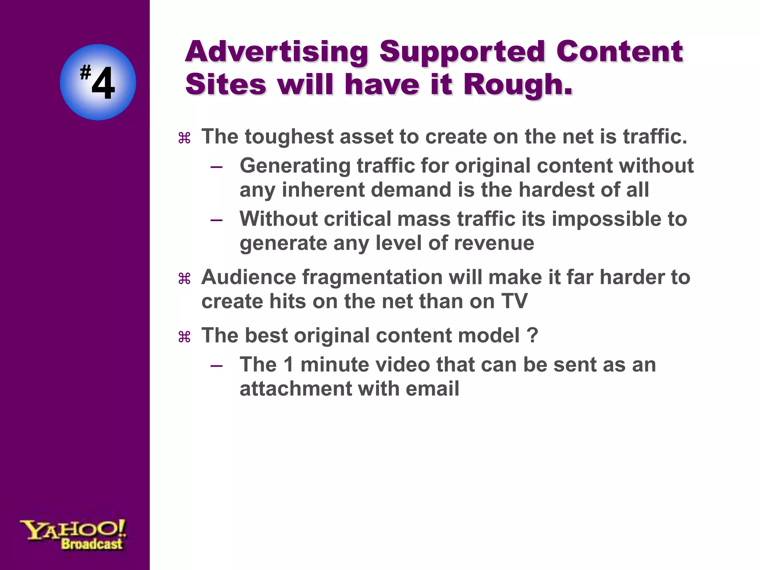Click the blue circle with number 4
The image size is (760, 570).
click(98, 82)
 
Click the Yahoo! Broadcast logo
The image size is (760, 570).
click(73, 534)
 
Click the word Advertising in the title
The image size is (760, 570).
click(276, 52)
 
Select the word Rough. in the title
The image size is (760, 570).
click(518, 85)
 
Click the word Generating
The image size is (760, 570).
click(295, 166)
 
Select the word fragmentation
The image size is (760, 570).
click(372, 277)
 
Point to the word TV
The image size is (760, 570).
click(514, 301)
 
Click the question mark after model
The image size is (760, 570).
click(532, 335)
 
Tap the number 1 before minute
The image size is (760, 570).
click(289, 364)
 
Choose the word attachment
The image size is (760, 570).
click(295, 389)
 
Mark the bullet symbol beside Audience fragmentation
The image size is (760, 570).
click(184, 278)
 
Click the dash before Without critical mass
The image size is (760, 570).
click(216, 220)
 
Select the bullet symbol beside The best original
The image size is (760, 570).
click(184, 337)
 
